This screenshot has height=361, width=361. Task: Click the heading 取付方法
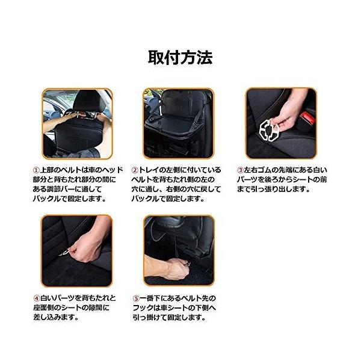[x=180, y=58]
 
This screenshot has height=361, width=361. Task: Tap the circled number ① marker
[x=37, y=170]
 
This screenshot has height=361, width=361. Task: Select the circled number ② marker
[x=135, y=170]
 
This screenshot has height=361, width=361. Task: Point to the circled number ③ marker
[x=241, y=170]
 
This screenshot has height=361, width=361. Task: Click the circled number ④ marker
[x=37, y=298]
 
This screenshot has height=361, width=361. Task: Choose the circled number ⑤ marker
[x=137, y=298]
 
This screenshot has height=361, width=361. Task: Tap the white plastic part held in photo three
[x=269, y=131]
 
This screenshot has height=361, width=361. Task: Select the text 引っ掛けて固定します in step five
[x=168, y=318]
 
